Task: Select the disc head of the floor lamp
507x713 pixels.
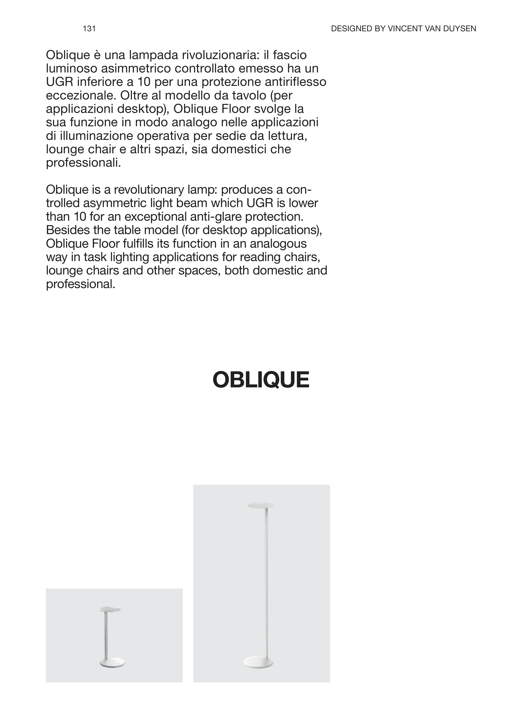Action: coord(260,505)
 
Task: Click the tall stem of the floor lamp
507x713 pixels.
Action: coord(266,587)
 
